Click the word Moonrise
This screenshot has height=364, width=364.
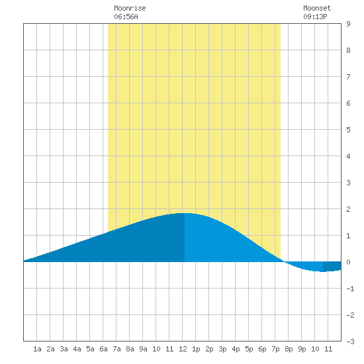(x=130, y=9)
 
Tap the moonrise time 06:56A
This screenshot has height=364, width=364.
(x=126, y=17)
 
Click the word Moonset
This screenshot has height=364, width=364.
(x=317, y=9)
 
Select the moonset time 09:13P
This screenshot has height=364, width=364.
(x=315, y=17)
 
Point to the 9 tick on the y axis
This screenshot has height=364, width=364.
(x=348, y=24)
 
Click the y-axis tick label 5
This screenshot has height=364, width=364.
(x=348, y=130)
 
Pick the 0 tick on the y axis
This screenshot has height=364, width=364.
(x=348, y=262)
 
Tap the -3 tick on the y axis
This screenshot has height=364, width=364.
(x=350, y=341)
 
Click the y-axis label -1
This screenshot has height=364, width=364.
(x=350, y=289)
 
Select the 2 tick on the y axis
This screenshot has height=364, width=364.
(x=348, y=209)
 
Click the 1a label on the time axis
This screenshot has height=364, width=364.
(x=37, y=349)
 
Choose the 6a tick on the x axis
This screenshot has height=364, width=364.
(x=103, y=349)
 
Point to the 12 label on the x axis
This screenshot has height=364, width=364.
(x=183, y=349)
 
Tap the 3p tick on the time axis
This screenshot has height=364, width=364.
(x=222, y=349)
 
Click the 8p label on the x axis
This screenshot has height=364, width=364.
(x=289, y=349)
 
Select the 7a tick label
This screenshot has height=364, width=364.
(x=116, y=349)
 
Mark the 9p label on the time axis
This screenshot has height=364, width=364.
(x=302, y=349)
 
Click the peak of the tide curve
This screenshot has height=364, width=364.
(x=185, y=213)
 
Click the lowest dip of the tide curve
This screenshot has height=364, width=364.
(x=323, y=271)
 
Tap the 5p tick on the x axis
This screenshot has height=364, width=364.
(x=249, y=349)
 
